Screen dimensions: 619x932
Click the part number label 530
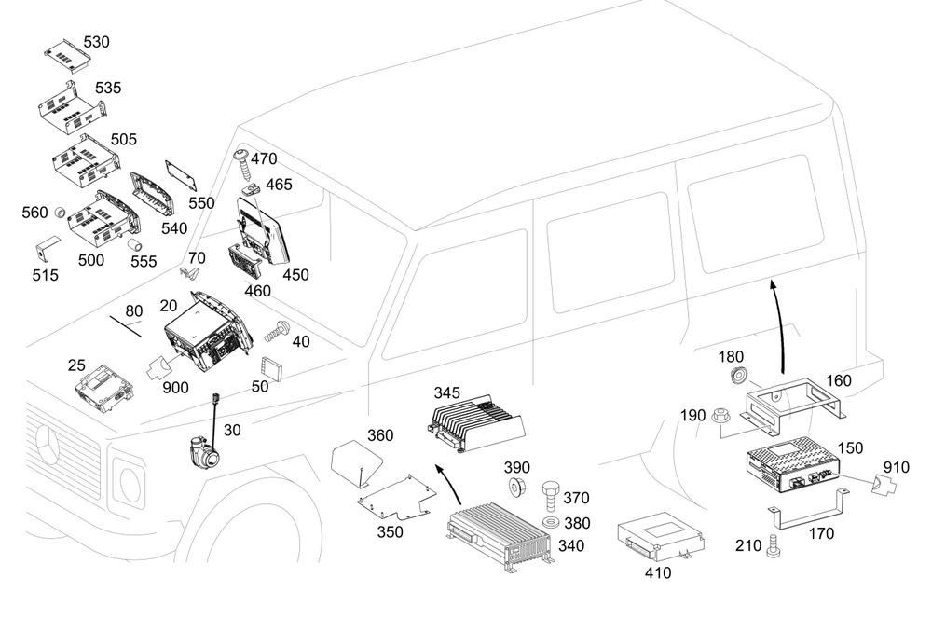tap(96, 43)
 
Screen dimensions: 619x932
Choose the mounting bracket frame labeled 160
tap(792, 404)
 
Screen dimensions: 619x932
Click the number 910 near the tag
tap(898, 467)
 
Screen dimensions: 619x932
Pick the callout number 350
tap(390, 531)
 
